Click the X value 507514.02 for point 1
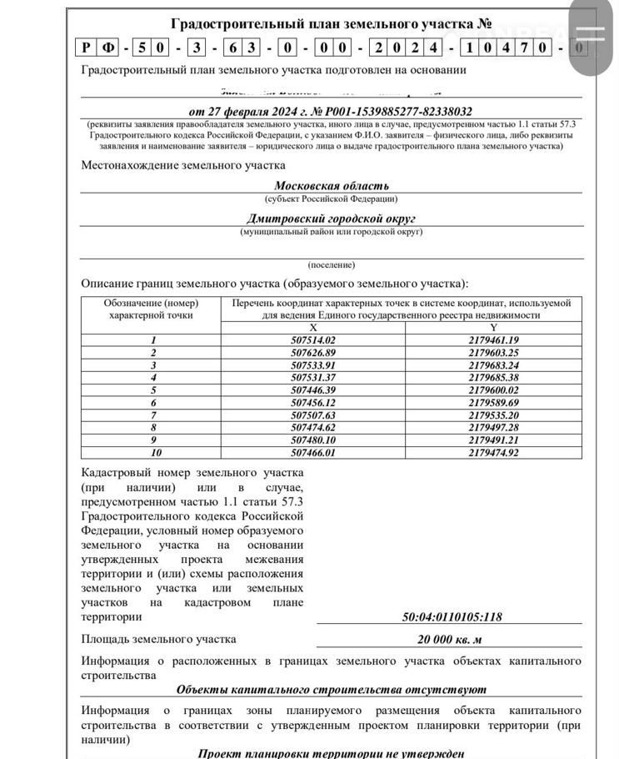click(313, 340)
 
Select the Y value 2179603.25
click(493, 353)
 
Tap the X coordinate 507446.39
click(313, 390)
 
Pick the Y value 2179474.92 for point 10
click(493, 453)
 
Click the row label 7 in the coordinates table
click(153, 415)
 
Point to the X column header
click(313, 328)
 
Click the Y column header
click(493, 328)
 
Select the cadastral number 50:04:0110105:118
click(452, 617)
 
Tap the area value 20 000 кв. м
click(451, 640)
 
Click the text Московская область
click(332, 186)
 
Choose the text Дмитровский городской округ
click(332, 219)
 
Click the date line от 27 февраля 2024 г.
click(331, 111)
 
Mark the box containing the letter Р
click(87, 48)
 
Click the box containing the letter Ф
click(109, 48)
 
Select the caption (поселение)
click(332, 264)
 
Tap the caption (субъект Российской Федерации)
click(332, 199)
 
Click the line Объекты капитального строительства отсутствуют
click(332, 690)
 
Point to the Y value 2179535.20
click(493, 415)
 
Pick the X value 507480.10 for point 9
click(313, 440)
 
